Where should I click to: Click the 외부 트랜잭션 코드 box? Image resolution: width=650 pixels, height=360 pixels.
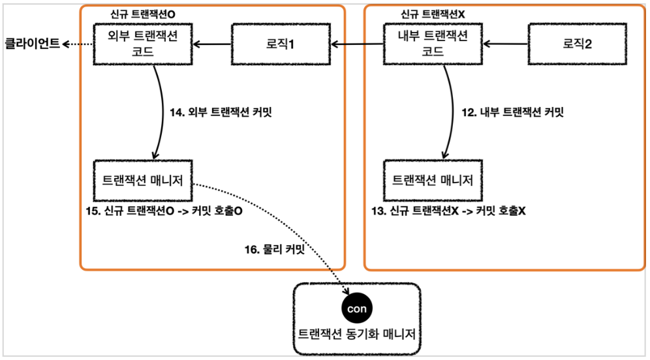[x=144, y=44]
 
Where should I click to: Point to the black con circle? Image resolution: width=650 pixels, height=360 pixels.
[x=356, y=308]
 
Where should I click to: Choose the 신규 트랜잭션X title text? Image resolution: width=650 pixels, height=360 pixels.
[x=437, y=14]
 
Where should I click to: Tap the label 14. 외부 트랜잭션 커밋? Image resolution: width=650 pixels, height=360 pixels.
[x=220, y=112]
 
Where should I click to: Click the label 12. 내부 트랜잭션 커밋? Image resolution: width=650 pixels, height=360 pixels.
[x=512, y=112]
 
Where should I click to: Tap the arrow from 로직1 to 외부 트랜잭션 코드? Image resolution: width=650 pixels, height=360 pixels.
[x=213, y=44]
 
